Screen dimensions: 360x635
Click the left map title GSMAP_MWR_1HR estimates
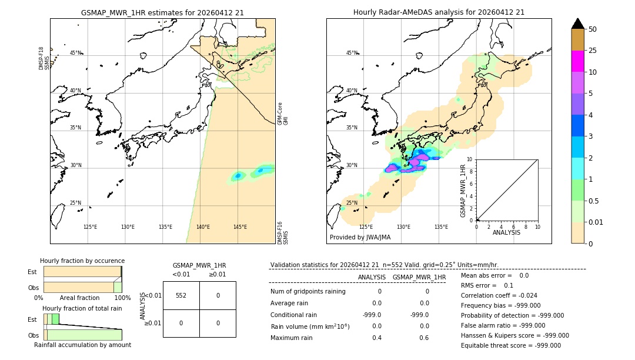coord(162,12)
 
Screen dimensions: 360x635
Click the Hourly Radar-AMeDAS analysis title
coord(439,12)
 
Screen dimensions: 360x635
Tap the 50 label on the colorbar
coord(593,29)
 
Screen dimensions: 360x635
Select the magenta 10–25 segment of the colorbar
coord(577,61)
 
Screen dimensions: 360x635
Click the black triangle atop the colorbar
coord(577,24)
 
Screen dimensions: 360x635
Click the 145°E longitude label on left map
coord(240,227)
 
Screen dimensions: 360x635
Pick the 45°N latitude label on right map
coord(352,53)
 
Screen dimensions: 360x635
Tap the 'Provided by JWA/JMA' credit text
coord(360,238)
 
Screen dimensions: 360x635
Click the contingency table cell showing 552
coord(181,295)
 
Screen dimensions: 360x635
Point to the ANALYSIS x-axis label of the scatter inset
coord(506,232)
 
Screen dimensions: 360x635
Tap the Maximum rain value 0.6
coord(424,338)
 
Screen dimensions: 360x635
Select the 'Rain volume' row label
coord(310,326)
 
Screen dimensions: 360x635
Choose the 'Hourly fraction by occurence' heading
coord(82,261)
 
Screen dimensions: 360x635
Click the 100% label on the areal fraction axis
coord(122,298)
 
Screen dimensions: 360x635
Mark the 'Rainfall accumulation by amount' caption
coord(82,345)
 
